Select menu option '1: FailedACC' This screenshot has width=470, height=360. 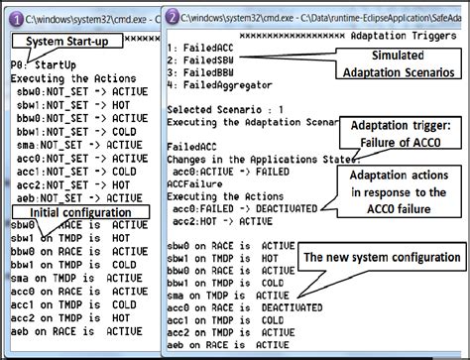tap(201, 48)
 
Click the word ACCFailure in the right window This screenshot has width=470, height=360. tap(195, 182)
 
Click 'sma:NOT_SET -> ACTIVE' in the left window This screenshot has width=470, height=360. tap(66, 142)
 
